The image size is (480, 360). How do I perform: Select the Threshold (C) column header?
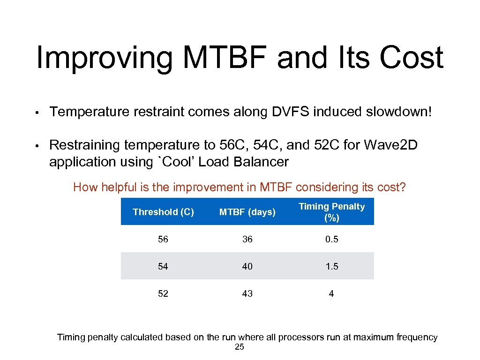[x=163, y=212]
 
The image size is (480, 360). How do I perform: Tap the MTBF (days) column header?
[x=247, y=212]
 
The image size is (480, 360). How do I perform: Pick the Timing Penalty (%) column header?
[x=331, y=212]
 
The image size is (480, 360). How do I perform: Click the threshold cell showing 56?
[x=163, y=239]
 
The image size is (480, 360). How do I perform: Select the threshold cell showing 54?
[x=163, y=266]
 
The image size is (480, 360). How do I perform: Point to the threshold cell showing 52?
[x=163, y=293]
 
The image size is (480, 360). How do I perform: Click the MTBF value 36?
[x=247, y=239]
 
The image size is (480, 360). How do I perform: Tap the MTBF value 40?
[x=247, y=266]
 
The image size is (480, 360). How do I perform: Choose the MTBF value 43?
[x=247, y=293]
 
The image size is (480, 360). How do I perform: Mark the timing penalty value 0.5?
[x=331, y=239]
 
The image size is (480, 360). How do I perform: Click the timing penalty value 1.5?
[x=331, y=266]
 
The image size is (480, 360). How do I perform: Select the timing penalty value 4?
[x=331, y=293]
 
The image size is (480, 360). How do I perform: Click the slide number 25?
[x=239, y=347]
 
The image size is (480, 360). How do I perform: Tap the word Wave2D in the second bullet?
[x=395, y=145]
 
